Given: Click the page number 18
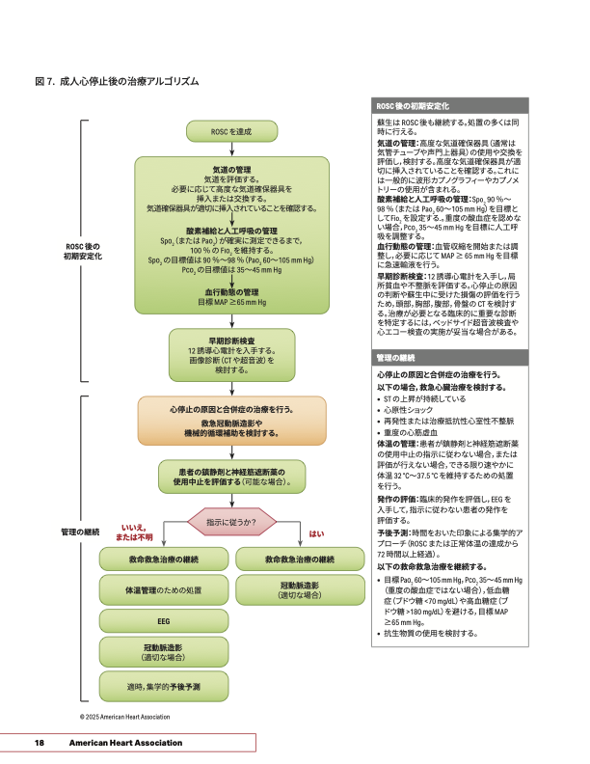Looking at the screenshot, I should click(x=40, y=743).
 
